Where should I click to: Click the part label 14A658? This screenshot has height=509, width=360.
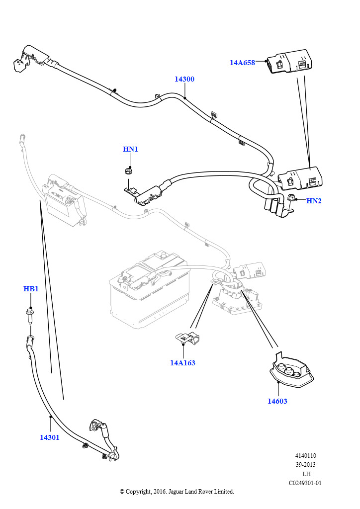pyautogui.click(x=242, y=63)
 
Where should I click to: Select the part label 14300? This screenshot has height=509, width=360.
pyautogui.click(x=184, y=79)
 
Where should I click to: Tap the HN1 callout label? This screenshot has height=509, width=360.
pyautogui.click(x=130, y=149)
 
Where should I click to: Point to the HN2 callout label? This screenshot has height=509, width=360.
pyautogui.click(x=314, y=201)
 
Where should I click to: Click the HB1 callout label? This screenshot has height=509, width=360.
pyautogui.click(x=31, y=289)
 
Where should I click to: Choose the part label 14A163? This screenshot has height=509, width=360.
pyautogui.click(x=182, y=363)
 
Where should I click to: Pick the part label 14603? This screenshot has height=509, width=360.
pyautogui.click(x=277, y=401)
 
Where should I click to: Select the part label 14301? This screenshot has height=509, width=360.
pyautogui.click(x=50, y=437)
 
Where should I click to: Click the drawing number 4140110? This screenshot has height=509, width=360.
pyautogui.click(x=305, y=456)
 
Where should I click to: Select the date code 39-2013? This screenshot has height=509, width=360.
pyautogui.click(x=305, y=465)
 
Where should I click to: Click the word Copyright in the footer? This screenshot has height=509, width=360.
pyautogui.click(x=139, y=492)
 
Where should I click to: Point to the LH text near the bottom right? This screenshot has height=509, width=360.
pyautogui.click(x=306, y=474)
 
